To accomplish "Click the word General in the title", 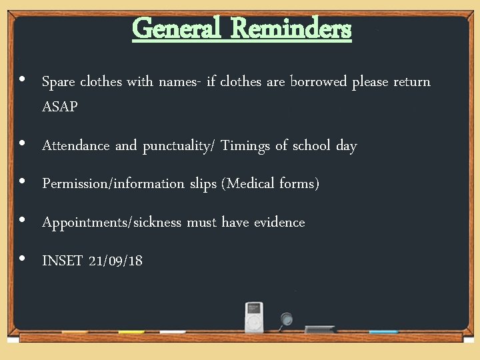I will [175, 29].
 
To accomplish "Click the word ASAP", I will [60, 107].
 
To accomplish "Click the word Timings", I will [245, 146].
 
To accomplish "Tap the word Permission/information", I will [113, 184].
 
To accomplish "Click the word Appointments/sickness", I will [111, 223].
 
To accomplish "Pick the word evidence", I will [279, 223].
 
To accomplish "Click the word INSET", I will [61, 261].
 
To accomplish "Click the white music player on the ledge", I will [254, 317].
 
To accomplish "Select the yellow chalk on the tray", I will [131, 331].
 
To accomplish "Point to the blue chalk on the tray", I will [383, 331].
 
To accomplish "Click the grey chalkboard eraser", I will [329, 329].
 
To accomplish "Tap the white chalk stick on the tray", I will [173, 331].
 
